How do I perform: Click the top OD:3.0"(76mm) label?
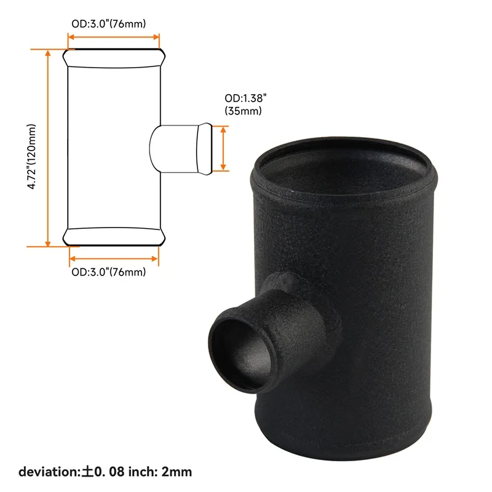(x=110, y=24)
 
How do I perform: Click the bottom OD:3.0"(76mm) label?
(x=109, y=272)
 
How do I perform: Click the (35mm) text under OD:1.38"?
(x=244, y=111)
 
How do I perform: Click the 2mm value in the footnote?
(x=179, y=472)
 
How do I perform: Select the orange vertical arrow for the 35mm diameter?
(x=223, y=148)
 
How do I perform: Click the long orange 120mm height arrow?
(x=47, y=148)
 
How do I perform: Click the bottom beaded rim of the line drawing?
(x=114, y=237)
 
